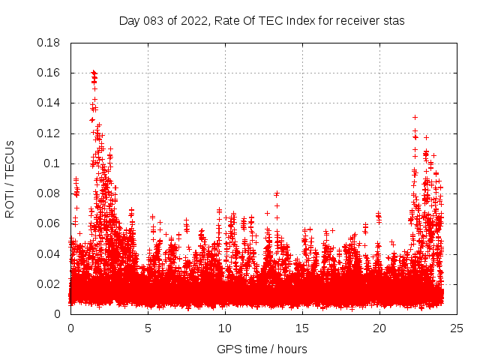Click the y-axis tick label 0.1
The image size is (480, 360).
click(53, 163)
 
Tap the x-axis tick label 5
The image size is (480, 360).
click(148, 328)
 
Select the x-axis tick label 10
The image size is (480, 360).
click(225, 328)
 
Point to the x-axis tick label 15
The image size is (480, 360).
click(302, 328)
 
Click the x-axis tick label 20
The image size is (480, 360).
click(379, 328)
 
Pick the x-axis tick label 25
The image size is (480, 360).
click(457, 328)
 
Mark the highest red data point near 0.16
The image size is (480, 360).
click(94, 72)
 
